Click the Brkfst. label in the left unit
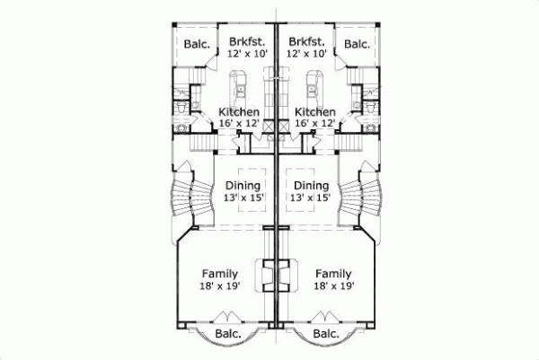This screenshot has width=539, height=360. pyautogui.click(x=244, y=41)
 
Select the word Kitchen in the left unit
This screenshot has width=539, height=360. pyautogui.click(x=239, y=112)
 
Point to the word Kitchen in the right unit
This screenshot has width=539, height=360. pyautogui.click(x=314, y=112)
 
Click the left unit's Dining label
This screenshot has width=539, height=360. pyautogui.click(x=243, y=185)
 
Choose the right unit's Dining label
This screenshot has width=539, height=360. pyautogui.click(x=311, y=185)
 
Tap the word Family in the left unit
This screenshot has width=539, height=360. pyautogui.click(x=219, y=274)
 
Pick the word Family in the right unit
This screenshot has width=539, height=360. pyautogui.click(x=333, y=274)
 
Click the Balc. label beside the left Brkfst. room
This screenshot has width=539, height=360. pyautogui.click(x=198, y=44)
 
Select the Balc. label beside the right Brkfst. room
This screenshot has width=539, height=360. pyautogui.click(x=357, y=44)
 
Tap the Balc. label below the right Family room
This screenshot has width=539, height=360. pyautogui.click(x=327, y=335)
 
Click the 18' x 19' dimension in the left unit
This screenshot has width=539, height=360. pyautogui.click(x=219, y=286)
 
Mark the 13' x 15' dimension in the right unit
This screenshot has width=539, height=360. pyautogui.click(x=311, y=198)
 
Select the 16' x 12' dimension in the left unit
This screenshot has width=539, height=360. pyautogui.click(x=239, y=124)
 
